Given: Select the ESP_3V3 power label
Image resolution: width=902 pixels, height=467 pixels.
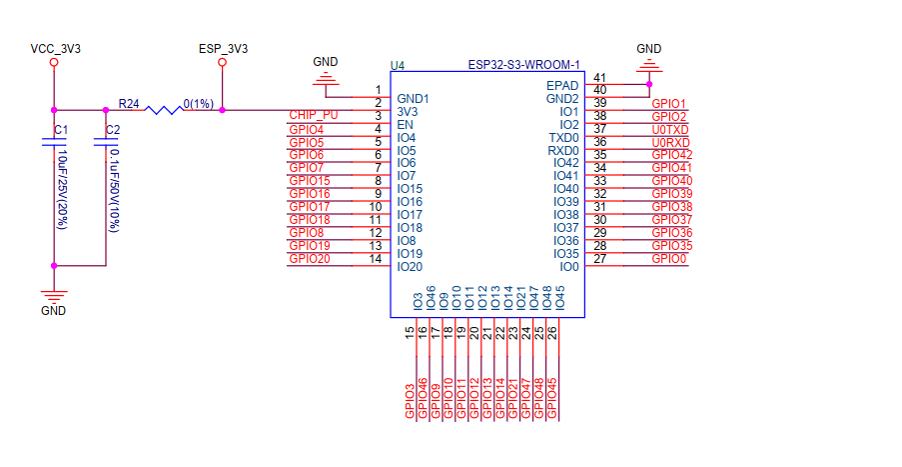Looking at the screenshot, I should pyautogui.click(x=223, y=48).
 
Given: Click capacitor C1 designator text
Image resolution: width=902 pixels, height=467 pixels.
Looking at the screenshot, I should pyautogui.click(x=61, y=130).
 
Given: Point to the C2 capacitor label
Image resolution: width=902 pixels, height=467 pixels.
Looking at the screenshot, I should pyautogui.click(x=113, y=130).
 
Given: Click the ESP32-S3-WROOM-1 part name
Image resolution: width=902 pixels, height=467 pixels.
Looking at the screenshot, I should pyautogui.click(x=523, y=65).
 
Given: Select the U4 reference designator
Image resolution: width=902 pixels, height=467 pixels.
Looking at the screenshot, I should pyautogui.click(x=398, y=65).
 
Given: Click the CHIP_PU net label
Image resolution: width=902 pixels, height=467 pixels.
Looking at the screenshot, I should pyautogui.click(x=313, y=115).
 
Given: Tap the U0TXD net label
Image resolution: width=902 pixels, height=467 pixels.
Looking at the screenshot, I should pyautogui.click(x=670, y=129).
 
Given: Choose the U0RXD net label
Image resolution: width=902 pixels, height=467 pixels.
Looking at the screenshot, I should pyautogui.click(x=670, y=142).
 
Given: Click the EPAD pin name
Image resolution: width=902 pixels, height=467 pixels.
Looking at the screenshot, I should pyautogui.click(x=562, y=86).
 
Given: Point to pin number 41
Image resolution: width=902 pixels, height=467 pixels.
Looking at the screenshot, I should pyautogui.click(x=600, y=78).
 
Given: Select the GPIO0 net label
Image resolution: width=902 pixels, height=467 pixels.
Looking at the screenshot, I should pyautogui.click(x=669, y=259).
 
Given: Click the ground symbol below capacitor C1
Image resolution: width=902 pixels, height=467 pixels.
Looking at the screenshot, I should pyautogui.click(x=54, y=295).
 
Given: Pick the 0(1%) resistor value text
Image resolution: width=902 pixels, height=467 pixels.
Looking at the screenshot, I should pyautogui.click(x=198, y=104).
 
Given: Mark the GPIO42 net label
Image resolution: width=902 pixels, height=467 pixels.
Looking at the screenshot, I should pyautogui.click(x=671, y=155).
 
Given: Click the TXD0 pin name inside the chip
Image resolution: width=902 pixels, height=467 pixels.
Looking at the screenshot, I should pyautogui.click(x=563, y=137).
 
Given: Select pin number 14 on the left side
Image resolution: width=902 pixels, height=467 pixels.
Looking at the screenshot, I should pyautogui.click(x=377, y=259).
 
